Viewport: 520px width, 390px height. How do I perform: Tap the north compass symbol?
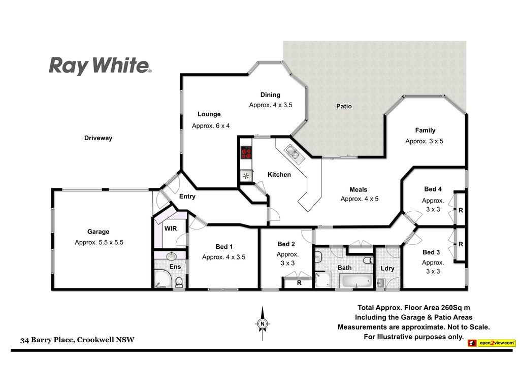(263, 323)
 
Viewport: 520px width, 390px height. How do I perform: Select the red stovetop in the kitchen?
(246, 153)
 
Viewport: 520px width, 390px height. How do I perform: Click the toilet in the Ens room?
(179, 282)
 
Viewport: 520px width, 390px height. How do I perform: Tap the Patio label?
(344, 106)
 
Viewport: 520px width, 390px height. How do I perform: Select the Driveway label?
(98, 138)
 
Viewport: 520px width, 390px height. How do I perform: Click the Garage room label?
(98, 232)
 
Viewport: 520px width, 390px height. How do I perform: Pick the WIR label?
(171, 229)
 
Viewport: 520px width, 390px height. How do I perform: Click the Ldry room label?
(387, 268)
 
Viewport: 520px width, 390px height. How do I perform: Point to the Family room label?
(425, 131)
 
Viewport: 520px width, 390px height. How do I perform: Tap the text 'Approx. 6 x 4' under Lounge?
(211, 126)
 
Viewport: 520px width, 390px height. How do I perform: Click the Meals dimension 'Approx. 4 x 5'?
(360, 199)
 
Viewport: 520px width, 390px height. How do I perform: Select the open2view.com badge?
(492, 343)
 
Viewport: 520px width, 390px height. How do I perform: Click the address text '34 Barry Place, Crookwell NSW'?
(77, 340)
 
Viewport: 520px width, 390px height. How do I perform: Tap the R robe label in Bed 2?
(299, 283)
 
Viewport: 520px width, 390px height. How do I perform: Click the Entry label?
(187, 197)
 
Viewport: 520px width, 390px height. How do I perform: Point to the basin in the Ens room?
(171, 256)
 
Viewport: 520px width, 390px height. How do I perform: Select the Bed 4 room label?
(433, 189)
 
